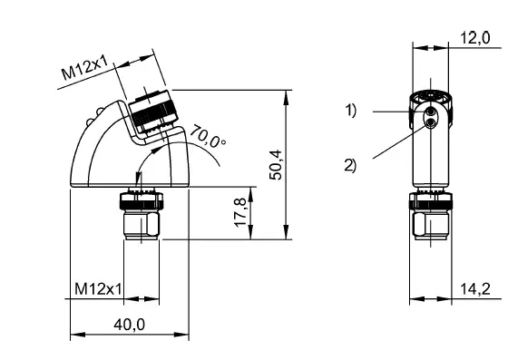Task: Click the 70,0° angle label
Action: tap(208, 138)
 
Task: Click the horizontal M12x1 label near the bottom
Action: tap(99, 288)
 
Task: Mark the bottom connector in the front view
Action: tap(426, 216)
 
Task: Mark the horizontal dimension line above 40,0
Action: tap(128, 335)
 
